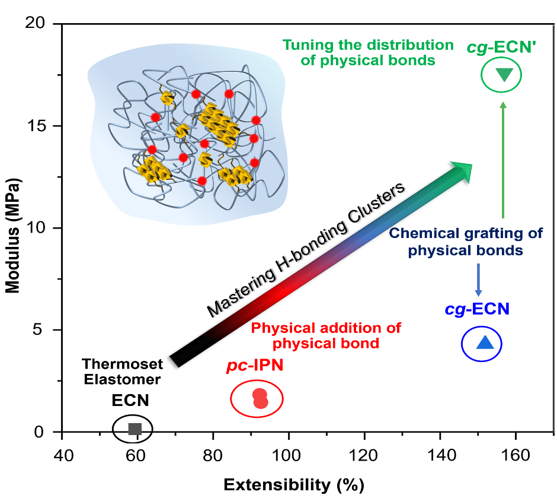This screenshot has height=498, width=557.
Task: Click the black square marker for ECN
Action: click(x=135, y=429)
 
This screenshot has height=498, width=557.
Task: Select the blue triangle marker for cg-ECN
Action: click(x=485, y=342)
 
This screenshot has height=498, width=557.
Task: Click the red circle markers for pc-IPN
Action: click(x=260, y=399)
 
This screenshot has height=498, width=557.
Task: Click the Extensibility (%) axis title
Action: click(x=294, y=484)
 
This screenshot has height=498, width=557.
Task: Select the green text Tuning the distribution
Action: click(x=368, y=45)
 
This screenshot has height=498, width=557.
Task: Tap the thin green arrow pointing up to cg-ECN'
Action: click(x=503, y=160)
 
